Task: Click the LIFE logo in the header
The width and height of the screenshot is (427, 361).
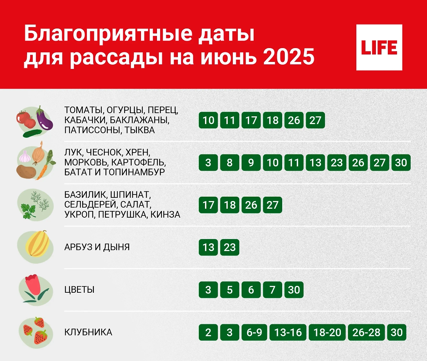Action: pyautogui.click(x=379, y=47)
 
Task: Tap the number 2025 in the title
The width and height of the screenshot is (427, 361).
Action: pyautogui.click(x=289, y=57)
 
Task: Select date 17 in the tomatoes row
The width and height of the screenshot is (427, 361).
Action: pyautogui.click(x=251, y=120)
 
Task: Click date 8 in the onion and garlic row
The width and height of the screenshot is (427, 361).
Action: pyautogui.click(x=230, y=163)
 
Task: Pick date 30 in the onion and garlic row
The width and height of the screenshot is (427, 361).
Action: pyautogui.click(x=401, y=163)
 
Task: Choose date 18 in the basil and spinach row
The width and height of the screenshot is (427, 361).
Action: pyautogui.click(x=230, y=205)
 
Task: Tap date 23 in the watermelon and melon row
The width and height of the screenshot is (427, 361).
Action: pyautogui.click(x=230, y=247)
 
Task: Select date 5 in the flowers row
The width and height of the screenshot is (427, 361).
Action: pyautogui.click(x=230, y=290)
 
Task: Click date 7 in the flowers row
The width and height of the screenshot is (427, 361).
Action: pyautogui.click(x=272, y=290)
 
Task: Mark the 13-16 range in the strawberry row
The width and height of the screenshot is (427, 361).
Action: pyautogui.click(x=288, y=332)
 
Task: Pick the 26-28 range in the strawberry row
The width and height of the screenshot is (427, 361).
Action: pyautogui.click(x=367, y=332)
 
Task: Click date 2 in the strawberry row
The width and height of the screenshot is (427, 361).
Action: pyautogui.click(x=208, y=332)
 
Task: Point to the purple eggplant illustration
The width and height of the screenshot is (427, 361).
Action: pyautogui.click(x=44, y=120)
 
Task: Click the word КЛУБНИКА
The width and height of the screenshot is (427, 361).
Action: pyautogui.click(x=88, y=332)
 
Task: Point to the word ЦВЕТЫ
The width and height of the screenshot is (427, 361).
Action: pyautogui.click(x=79, y=290)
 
